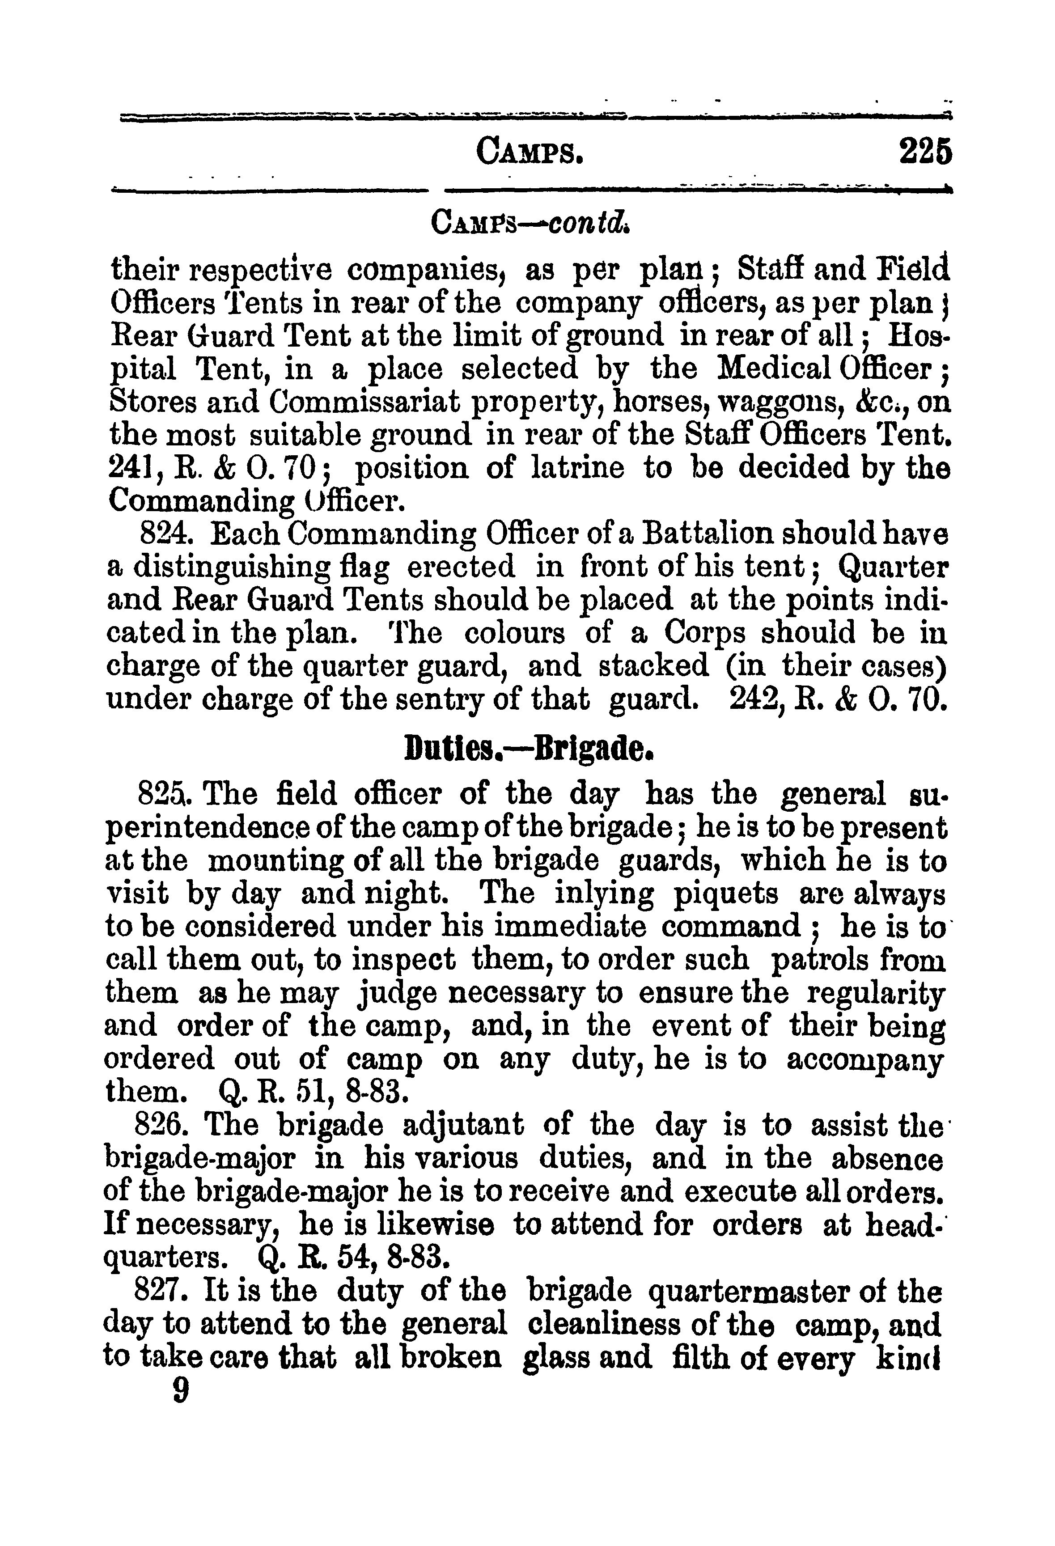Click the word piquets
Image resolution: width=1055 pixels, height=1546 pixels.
(726, 894)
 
